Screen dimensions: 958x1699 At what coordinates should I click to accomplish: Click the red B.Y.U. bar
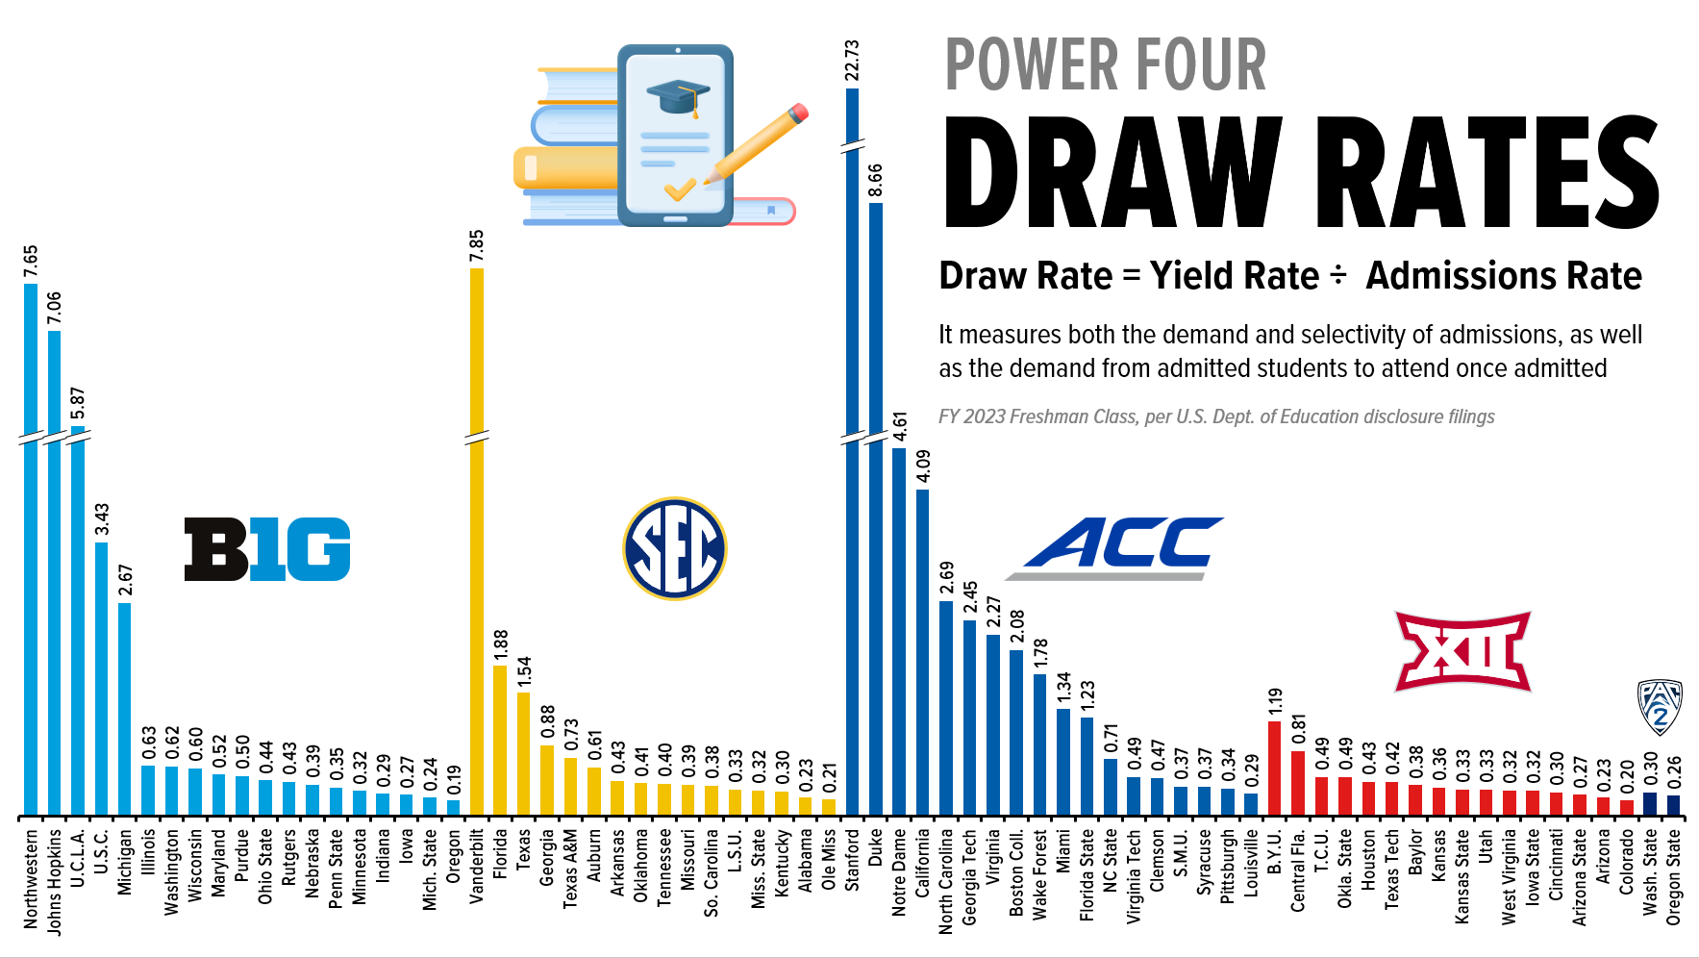coord(1275,769)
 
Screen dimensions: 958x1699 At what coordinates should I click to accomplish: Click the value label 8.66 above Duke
coord(875,181)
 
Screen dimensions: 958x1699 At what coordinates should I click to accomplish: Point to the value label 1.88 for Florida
coord(500,645)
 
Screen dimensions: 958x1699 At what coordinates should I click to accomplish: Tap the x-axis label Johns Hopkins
coord(54,881)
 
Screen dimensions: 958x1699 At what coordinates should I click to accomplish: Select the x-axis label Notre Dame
coord(899,871)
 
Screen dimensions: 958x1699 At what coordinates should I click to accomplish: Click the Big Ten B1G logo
coord(267,549)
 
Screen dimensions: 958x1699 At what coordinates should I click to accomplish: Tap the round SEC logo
coord(674,548)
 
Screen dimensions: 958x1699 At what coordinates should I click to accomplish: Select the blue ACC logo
coord(1115,547)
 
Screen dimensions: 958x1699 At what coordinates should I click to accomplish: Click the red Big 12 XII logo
coord(1462,651)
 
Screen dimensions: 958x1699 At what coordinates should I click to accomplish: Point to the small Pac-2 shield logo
coord(1660,706)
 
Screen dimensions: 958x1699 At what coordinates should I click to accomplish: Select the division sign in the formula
coord(1337,277)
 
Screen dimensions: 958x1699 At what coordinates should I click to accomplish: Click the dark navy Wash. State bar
coord(1650,804)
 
